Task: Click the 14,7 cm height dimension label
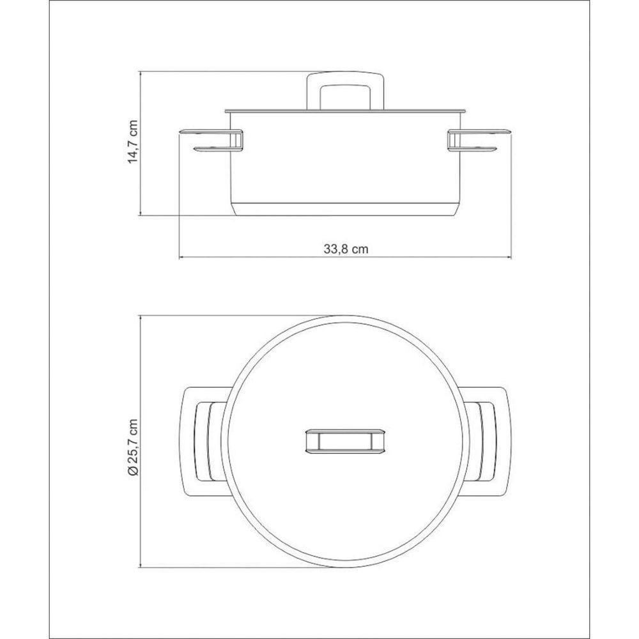pos(133,142)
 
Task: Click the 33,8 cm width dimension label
pos(345,249)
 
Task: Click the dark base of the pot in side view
pos(345,210)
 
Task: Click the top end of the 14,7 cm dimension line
pos(141,72)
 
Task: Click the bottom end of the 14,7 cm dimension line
pos(141,215)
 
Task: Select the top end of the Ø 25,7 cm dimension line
pos(141,316)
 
